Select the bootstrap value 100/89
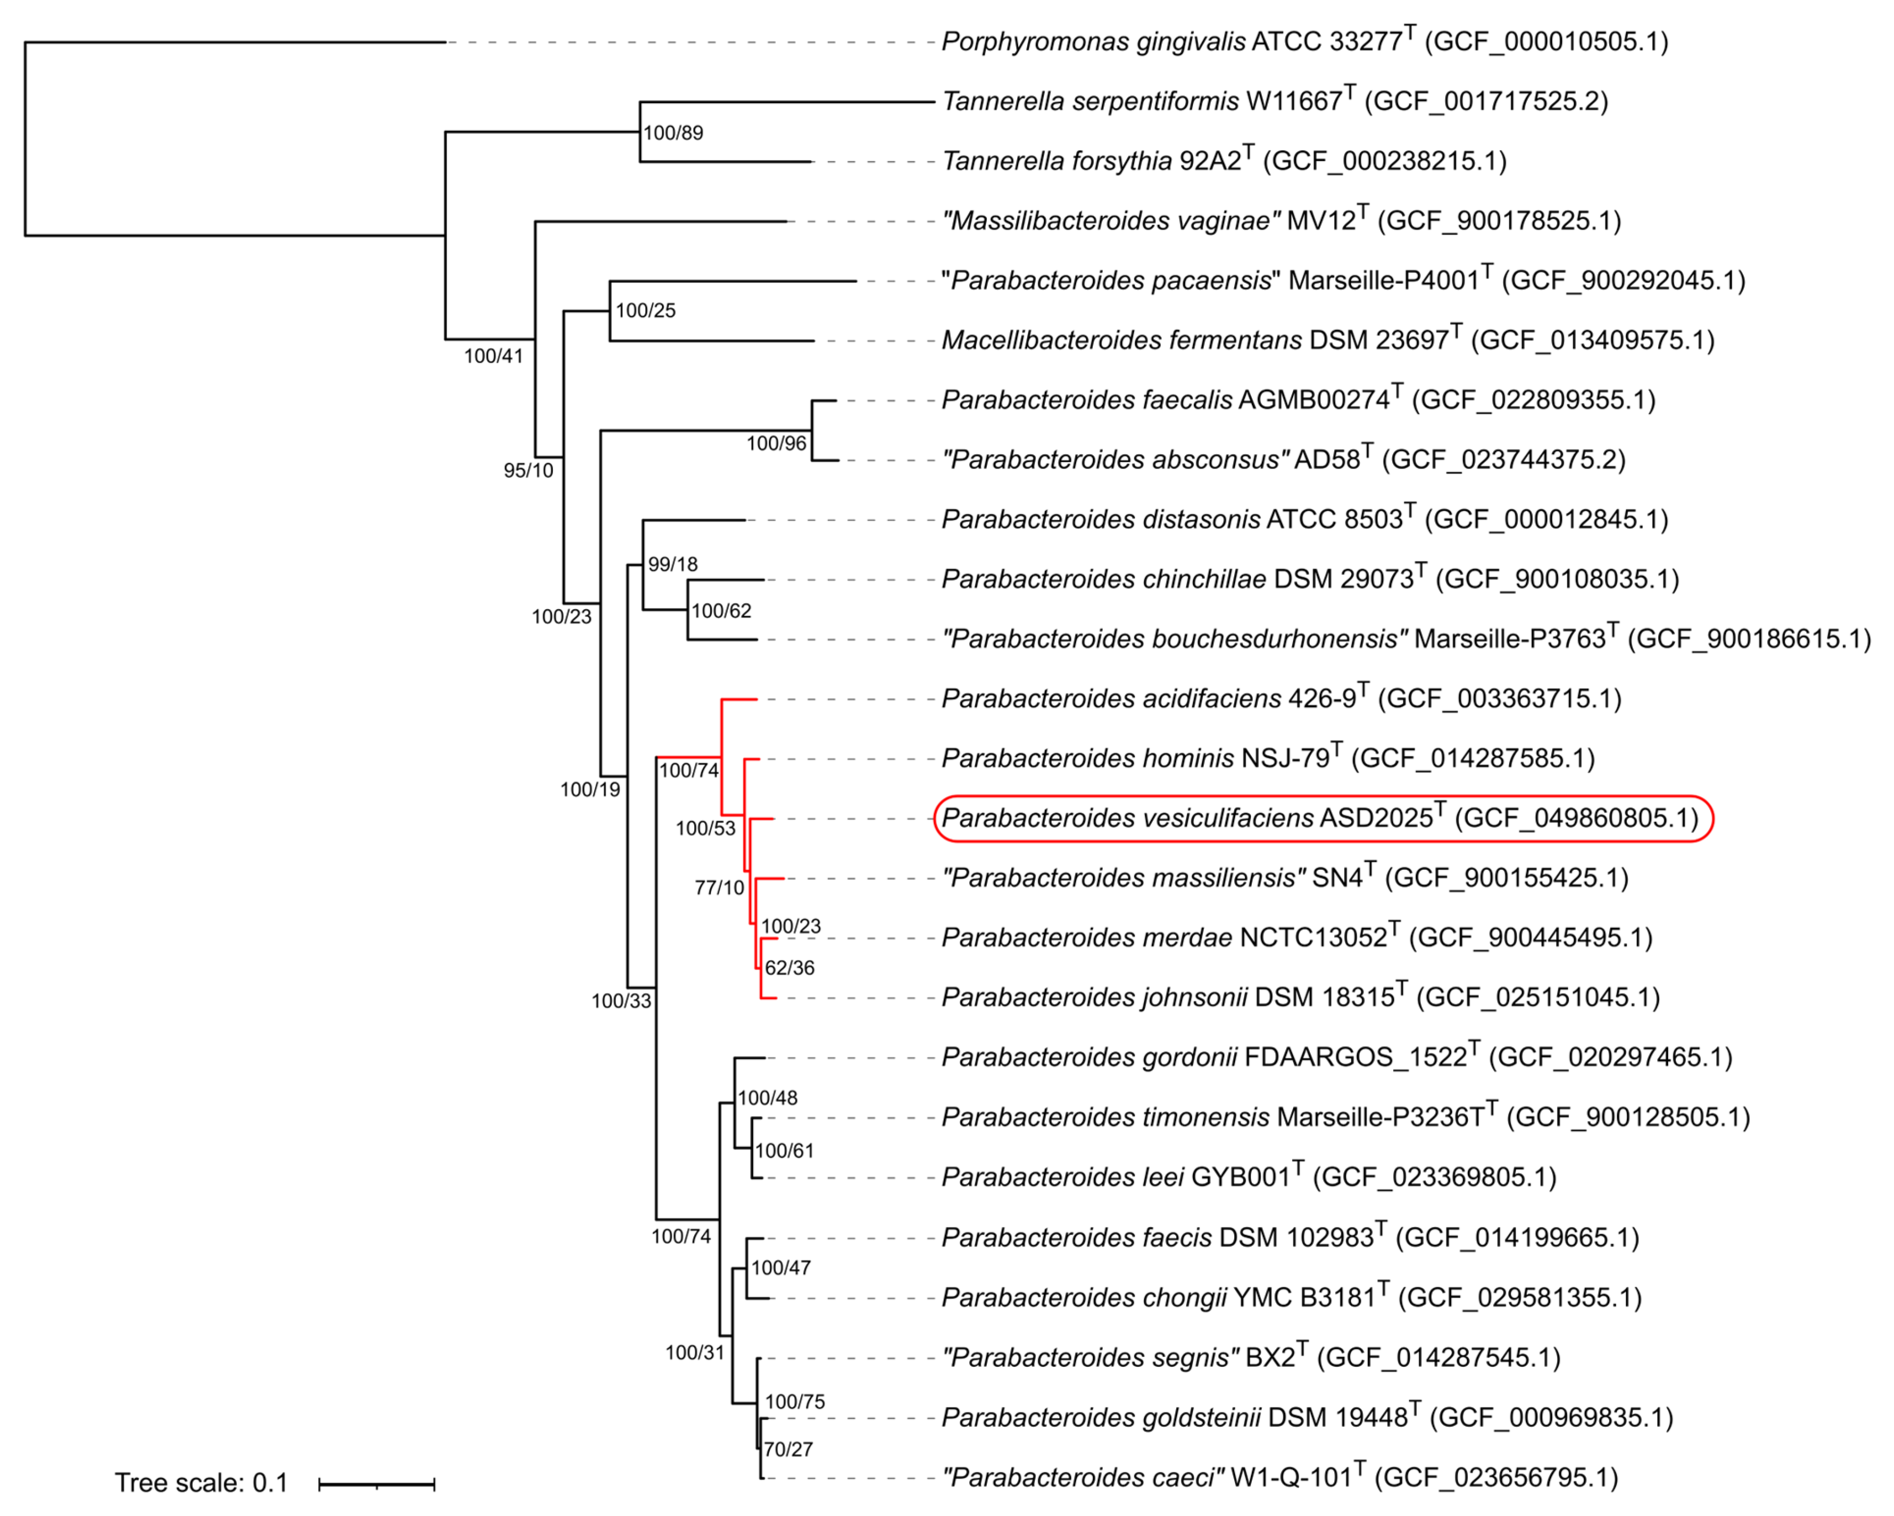point(673,132)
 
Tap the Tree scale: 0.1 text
point(201,1483)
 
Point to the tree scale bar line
point(377,1484)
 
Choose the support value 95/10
point(528,471)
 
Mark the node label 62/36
point(789,968)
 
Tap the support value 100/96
point(776,444)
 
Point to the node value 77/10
point(719,888)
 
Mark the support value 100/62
point(721,611)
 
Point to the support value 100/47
point(780,1267)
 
